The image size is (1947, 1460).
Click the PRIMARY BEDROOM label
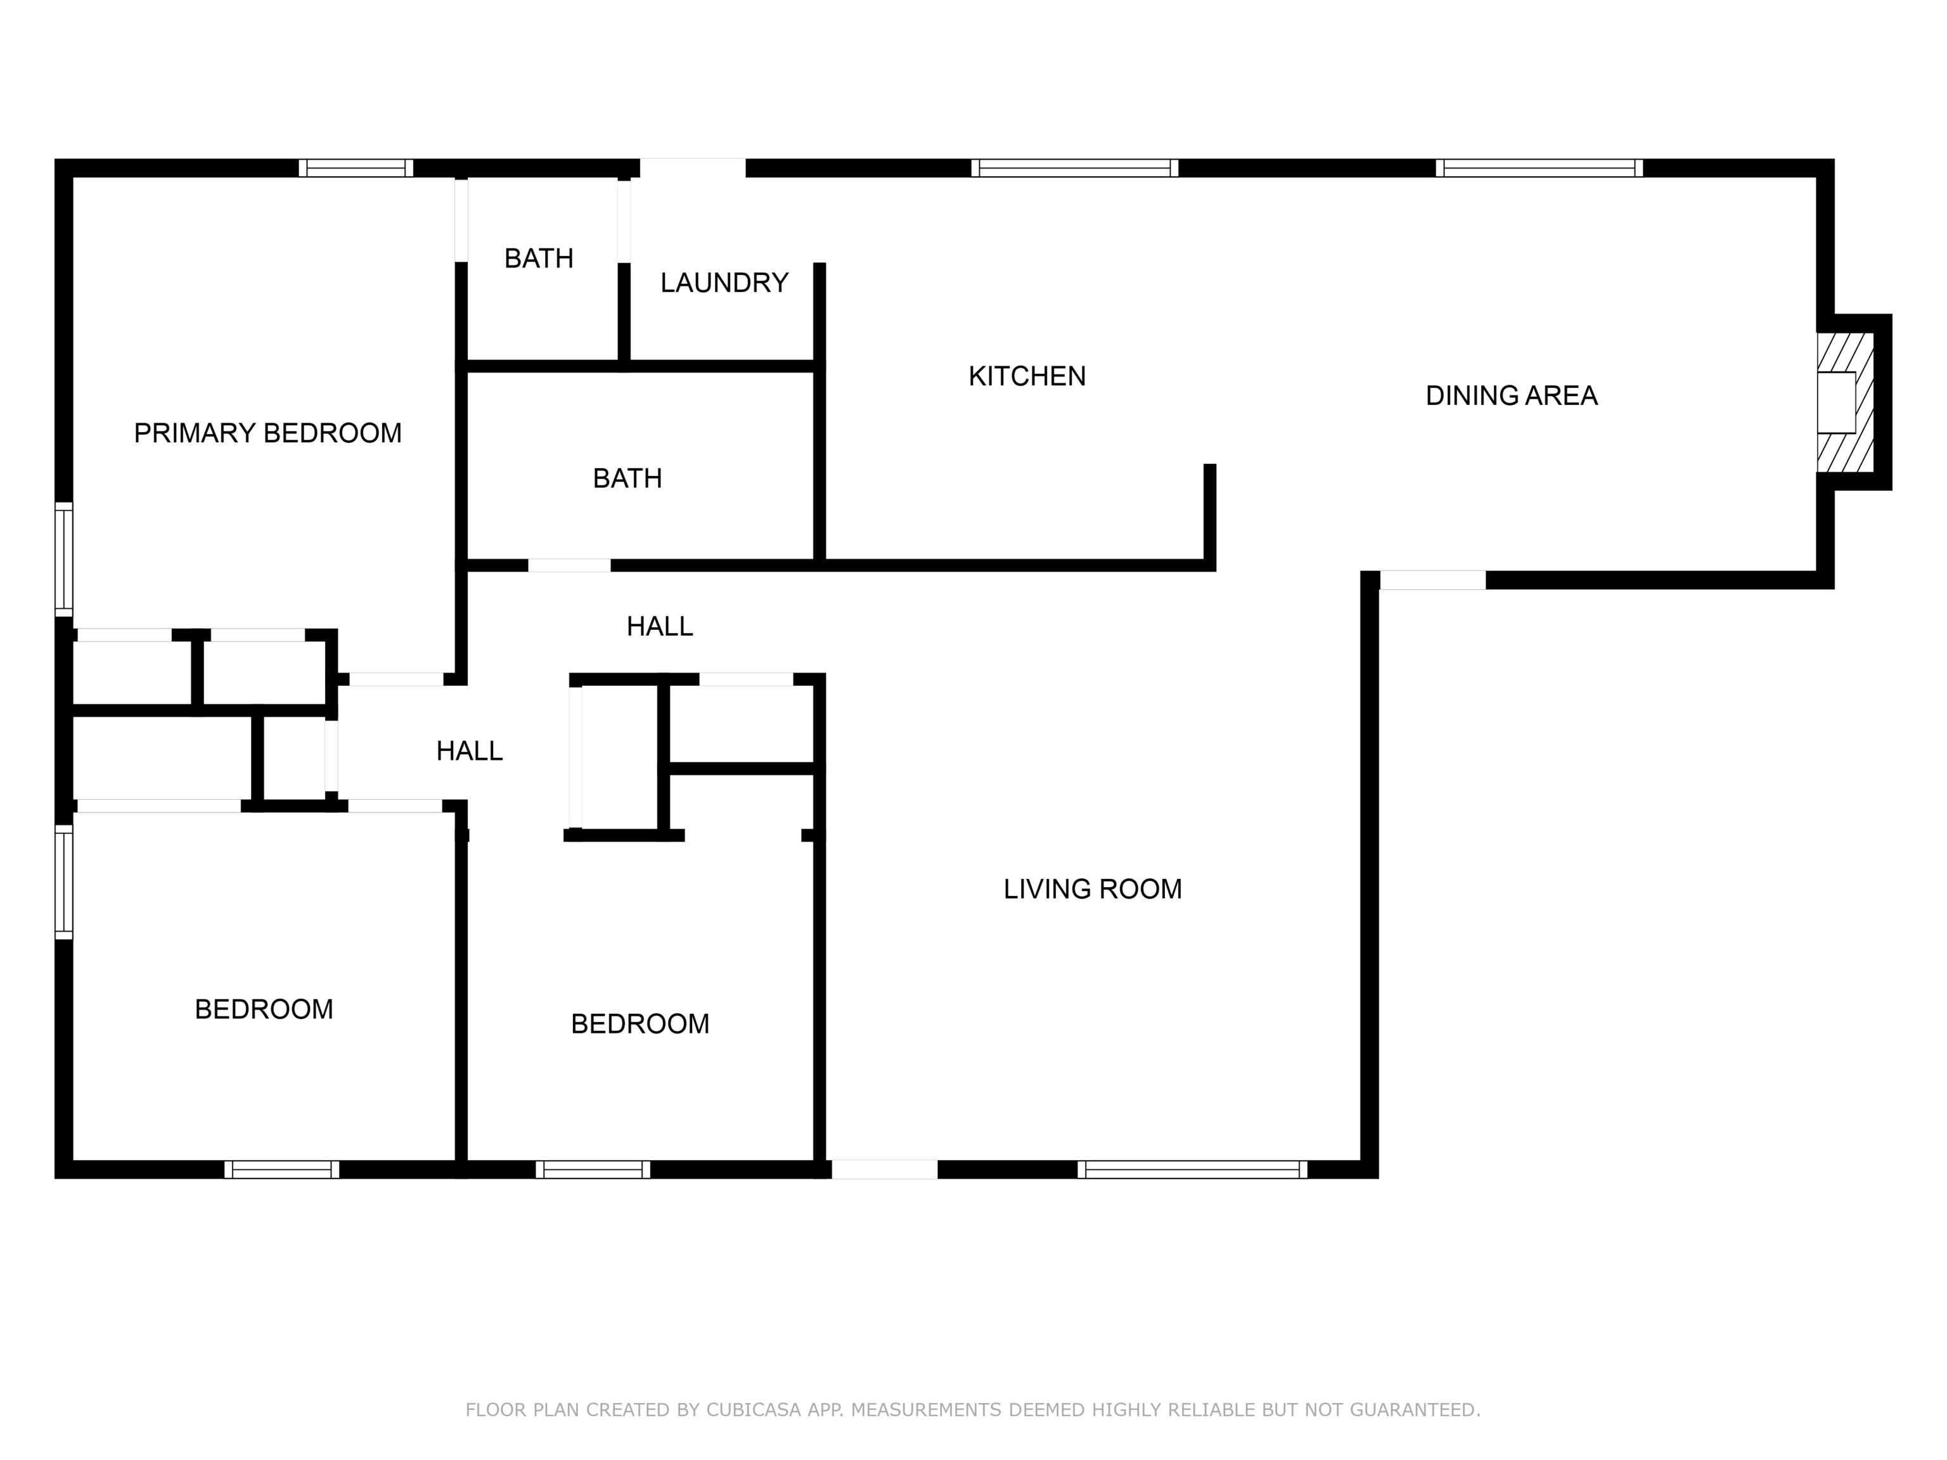click(x=267, y=433)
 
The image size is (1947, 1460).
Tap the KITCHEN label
click(x=1026, y=376)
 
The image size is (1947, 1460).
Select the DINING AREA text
click(x=1510, y=396)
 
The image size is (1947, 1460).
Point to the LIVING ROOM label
click(x=1091, y=889)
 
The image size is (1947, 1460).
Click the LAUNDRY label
click(x=724, y=283)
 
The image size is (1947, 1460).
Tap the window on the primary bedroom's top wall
click(x=356, y=168)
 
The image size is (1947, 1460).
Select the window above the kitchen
click(x=1074, y=168)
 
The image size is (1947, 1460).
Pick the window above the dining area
click(x=1539, y=168)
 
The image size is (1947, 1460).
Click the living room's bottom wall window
click(x=1192, y=1170)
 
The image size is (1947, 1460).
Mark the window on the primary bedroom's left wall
click(x=63, y=559)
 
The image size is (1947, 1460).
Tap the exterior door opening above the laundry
click(x=692, y=168)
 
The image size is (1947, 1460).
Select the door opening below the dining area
click(x=1432, y=580)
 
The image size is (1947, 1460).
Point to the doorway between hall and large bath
click(x=569, y=565)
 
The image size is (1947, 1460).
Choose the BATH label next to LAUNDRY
click(x=539, y=259)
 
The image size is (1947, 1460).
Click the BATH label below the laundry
click(x=627, y=479)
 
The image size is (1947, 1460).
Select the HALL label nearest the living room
click(x=659, y=627)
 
